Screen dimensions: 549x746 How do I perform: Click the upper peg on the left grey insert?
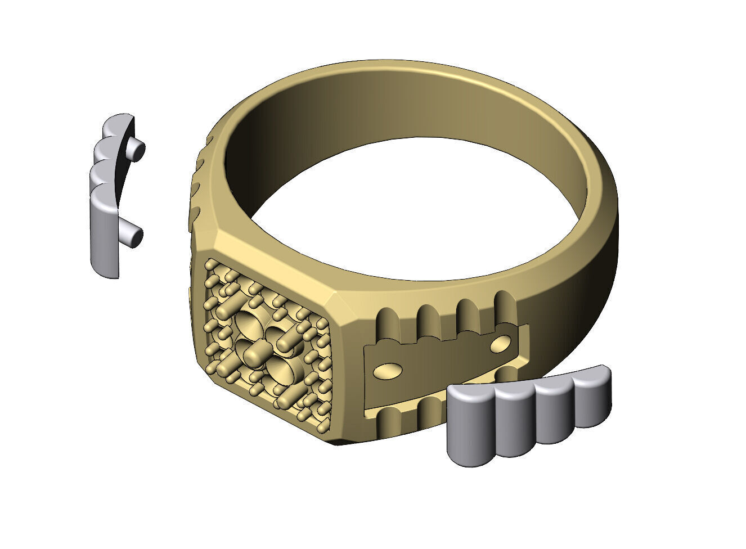pos(137,149)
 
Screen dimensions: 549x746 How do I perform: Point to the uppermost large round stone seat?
pos(248,325)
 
